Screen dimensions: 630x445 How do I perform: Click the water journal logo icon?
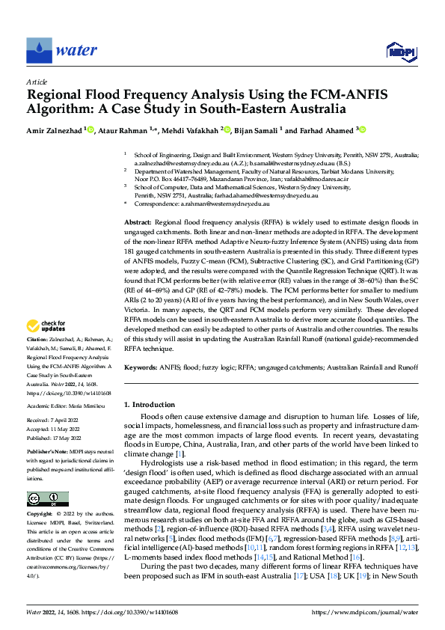[x=39, y=51]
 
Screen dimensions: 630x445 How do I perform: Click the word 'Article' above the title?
[x=37, y=82]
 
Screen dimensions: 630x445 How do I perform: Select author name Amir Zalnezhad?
[x=55, y=130]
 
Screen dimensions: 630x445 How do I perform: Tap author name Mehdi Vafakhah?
[x=191, y=130]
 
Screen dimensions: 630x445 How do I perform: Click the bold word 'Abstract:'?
[x=138, y=224]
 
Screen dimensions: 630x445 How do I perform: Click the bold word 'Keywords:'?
[x=141, y=367]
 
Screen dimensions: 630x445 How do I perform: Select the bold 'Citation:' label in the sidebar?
[x=39, y=339]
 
